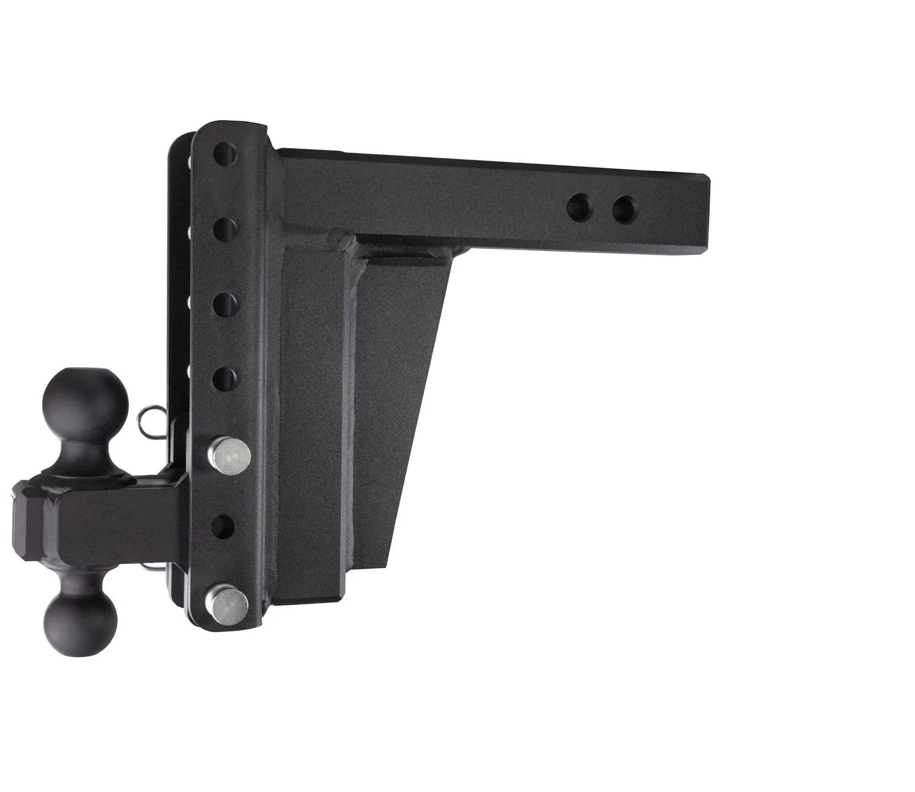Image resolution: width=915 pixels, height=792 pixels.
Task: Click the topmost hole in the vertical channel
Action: (225, 154)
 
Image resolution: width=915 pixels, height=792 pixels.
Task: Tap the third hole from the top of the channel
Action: (226, 303)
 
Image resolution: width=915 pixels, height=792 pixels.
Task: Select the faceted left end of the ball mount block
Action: (28, 518)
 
